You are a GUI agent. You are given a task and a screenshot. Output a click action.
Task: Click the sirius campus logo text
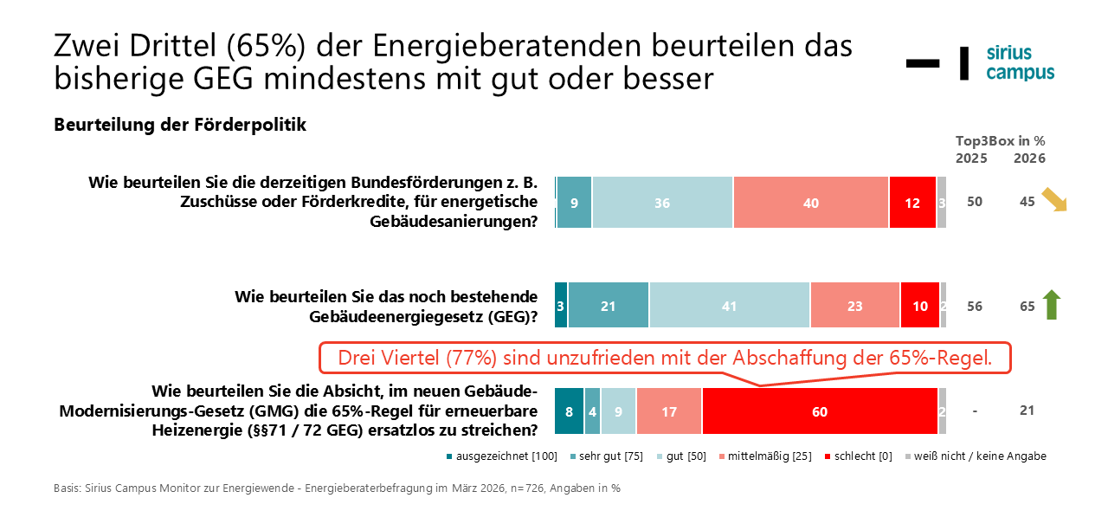pyautogui.click(x=1020, y=62)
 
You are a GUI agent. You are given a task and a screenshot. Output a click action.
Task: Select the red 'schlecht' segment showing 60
pyautogui.click(x=820, y=411)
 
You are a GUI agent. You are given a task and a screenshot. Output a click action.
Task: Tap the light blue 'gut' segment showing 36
pyautogui.click(x=662, y=203)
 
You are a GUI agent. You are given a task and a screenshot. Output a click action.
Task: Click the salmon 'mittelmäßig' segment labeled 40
pyautogui.click(x=810, y=203)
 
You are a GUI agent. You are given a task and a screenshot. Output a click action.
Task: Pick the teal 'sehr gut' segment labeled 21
pyautogui.click(x=608, y=306)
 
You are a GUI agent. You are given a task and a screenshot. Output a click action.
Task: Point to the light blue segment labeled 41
pyautogui.click(x=729, y=306)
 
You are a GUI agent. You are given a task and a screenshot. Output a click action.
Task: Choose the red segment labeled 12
pyautogui.click(x=912, y=203)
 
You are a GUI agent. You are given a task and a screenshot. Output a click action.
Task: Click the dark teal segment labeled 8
pyautogui.click(x=569, y=411)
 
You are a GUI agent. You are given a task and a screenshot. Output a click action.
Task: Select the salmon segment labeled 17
pyautogui.click(x=668, y=411)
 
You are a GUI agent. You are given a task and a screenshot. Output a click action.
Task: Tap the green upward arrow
pyautogui.click(x=1052, y=305)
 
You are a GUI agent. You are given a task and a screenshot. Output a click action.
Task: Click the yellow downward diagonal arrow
pyautogui.click(x=1054, y=200)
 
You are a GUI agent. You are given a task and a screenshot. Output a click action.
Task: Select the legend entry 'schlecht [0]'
pyautogui.click(x=860, y=456)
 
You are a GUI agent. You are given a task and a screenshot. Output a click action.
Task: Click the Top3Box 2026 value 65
pyautogui.click(x=1027, y=306)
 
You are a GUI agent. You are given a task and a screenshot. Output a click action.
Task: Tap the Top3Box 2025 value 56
pyautogui.click(x=975, y=306)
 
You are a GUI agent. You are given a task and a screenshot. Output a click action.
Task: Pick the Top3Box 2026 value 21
pyautogui.click(x=1027, y=411)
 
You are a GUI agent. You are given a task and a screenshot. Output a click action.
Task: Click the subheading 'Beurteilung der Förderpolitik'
pyautogui.click(x=180, y=125)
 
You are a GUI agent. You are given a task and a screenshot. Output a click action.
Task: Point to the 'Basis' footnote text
pyautogui.click(x=337, y=488)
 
